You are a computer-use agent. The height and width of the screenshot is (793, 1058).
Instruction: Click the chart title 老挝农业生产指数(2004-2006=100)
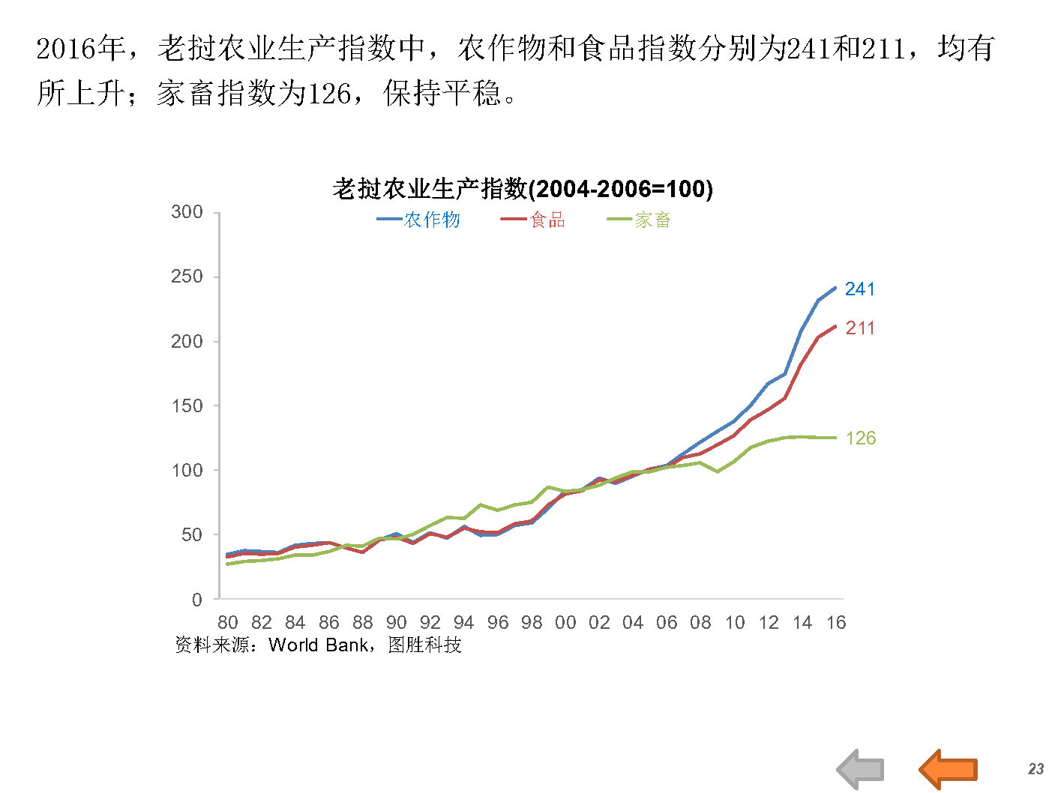point(522,189)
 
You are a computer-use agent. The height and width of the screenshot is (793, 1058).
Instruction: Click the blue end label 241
point(859,289)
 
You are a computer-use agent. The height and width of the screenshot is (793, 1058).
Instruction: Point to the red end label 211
point(859,328)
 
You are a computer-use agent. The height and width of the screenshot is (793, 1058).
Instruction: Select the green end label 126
point(860,438)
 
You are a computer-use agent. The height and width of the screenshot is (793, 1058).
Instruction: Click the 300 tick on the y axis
point(187,212)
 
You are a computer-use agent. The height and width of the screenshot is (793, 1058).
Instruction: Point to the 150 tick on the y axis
point(187,405)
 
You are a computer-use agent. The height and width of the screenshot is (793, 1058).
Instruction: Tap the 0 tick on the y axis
point(196,600)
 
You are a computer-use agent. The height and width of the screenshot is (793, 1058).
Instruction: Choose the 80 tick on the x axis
point(227,623)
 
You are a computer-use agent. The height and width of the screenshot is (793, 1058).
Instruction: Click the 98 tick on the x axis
point(532,623)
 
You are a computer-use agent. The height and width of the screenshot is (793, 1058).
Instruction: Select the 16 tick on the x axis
point(836,623)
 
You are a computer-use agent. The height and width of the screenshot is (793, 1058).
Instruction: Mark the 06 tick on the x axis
point(667,623)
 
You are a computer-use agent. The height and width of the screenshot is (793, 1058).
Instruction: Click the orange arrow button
point(948,769)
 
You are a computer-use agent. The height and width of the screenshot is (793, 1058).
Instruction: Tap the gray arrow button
point(861,769)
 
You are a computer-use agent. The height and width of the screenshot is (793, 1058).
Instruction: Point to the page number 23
point(1036,769)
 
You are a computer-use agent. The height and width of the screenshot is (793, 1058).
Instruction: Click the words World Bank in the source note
point(318,645)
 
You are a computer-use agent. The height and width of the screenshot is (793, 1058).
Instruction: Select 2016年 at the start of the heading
point(81,49)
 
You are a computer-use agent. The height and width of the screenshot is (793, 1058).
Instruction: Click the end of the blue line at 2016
point(835,288)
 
